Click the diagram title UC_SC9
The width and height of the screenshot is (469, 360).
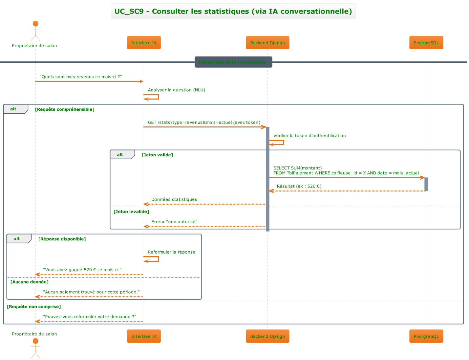point(233,11)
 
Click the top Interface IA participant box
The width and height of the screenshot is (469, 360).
point(144,43)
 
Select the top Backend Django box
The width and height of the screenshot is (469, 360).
point(267,43)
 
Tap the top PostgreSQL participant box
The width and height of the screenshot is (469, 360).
point(426,43)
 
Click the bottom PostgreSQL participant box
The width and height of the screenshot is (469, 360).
point(426,336)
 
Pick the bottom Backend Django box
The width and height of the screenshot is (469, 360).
point(267,336)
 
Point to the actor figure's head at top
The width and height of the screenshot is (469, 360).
point(35,24)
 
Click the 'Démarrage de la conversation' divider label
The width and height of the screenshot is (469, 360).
point(233,62)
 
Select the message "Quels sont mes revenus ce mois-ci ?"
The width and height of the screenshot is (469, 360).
point(81,77)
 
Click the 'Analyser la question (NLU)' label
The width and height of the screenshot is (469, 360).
point(176,90)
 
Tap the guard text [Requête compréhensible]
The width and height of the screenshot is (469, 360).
point(65,109)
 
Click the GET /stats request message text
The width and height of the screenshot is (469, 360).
point(204,123)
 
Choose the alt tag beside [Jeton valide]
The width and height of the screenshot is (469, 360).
point(120,155)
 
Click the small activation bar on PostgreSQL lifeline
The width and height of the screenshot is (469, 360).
point(426,184)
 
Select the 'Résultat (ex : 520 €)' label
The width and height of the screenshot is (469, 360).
point(299,186)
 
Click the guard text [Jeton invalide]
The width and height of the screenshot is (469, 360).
point(131,212)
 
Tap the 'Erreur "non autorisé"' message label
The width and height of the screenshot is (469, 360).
point(174,222)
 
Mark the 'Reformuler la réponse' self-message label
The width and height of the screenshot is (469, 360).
point(171,252)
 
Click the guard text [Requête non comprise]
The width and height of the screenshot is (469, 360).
point(34,306)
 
